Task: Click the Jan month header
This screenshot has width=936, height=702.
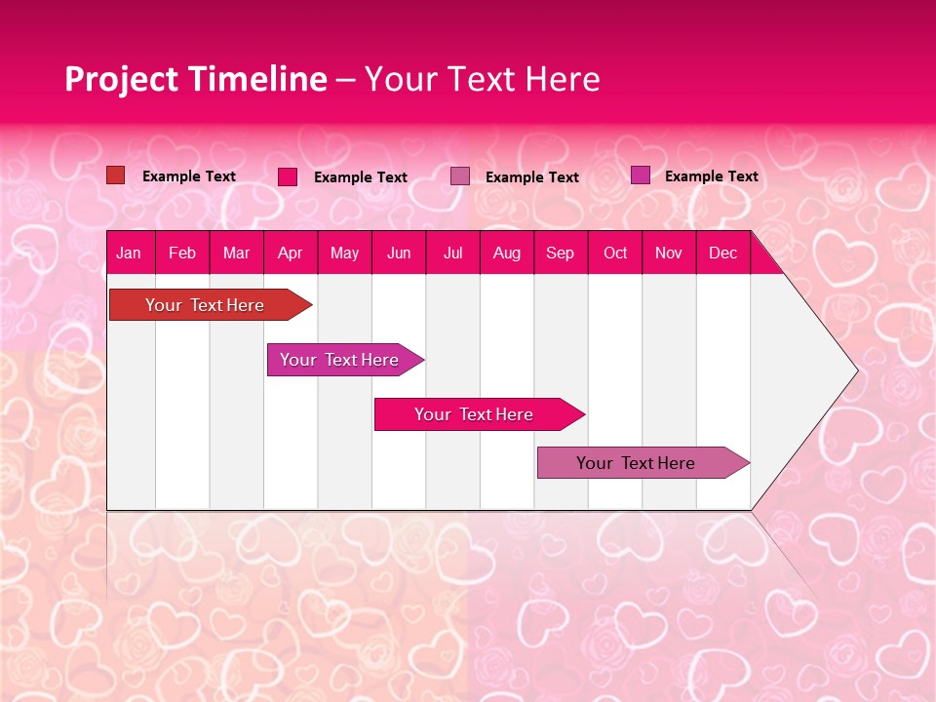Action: coord(129,253)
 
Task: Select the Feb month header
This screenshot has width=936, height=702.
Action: coord(182,253)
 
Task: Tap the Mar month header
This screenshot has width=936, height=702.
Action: coord(236,253)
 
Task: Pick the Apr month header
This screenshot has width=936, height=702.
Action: coord(291,253)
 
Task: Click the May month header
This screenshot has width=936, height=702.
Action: coord(344,253)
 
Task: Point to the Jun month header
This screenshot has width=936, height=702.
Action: coord(399,253)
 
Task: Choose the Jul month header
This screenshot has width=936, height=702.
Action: coord(452,253)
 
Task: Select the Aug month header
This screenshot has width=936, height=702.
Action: coord(507,253)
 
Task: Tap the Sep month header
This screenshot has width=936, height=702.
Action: coord(561,253)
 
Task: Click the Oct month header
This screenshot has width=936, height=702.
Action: coord(615,253)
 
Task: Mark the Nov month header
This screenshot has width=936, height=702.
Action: coord(669,253)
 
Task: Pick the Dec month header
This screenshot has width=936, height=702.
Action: coord(723,253)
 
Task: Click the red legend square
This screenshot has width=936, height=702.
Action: coord(115,175)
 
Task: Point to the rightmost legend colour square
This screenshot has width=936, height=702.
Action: coord(640,175)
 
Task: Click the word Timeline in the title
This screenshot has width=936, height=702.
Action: coord(257,79)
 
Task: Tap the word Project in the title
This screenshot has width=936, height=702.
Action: coord(122,79)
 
